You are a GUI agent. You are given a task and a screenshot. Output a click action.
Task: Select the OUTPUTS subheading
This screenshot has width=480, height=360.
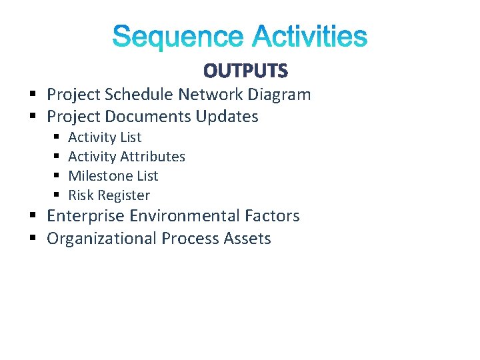click(245, 71)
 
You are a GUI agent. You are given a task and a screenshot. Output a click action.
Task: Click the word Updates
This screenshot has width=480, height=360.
click(227, 117)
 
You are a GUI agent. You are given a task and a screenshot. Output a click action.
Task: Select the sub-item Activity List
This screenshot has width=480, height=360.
click(105, 137)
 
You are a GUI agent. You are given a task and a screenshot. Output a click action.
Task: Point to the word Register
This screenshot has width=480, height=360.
click(123, 195)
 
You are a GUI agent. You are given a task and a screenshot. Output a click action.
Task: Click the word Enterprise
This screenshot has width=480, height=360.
click(85, 216)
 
